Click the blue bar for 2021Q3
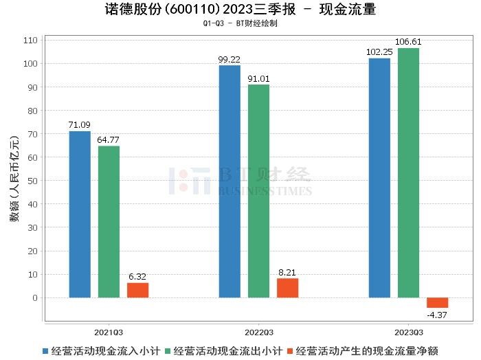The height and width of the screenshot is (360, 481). point(80,214)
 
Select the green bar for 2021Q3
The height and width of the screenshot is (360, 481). point(109,222)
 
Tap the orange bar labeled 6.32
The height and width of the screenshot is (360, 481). point(137,290)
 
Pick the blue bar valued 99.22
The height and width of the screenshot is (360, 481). point(230,181)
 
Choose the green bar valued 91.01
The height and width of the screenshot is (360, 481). point(258,191)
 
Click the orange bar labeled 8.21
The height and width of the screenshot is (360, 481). point(287,288)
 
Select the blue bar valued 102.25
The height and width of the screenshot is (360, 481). point(379,178)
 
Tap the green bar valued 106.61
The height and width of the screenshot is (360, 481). point(408,172)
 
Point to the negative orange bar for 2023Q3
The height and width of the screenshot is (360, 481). point(437,303)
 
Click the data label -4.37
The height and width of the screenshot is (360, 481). point(437,315)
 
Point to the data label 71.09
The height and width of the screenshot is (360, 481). point(80,125)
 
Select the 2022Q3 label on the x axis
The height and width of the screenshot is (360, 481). point(258,330)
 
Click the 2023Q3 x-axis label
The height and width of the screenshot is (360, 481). point(408,330)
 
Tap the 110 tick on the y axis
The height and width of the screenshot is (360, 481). point(30,41)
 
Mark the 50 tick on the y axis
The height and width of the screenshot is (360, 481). point(32,181)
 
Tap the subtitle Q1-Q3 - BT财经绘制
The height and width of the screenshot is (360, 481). point(240,23)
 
